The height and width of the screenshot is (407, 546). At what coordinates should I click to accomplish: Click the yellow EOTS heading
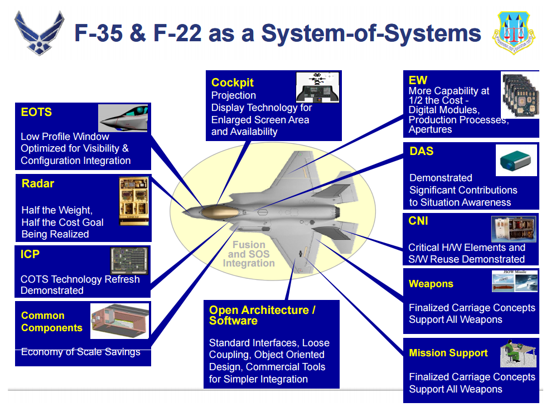pyautogui.click(x=36, y=112)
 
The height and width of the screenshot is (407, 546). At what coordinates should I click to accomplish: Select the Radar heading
pyautogui.click(x=38, y=183)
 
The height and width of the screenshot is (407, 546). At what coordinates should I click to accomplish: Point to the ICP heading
pyautogui.click(x=30, y=254)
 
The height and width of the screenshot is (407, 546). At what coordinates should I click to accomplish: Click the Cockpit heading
pyautogui.click(x=232, y=83)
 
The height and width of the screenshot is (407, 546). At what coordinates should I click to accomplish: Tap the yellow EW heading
pyautogui.click(x=418, y=80)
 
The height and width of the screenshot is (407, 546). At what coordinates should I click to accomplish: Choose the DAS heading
pyautogui.click(x=421, y=151)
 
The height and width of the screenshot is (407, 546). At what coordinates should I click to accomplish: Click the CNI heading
pyautogui.click(x=418, y=221)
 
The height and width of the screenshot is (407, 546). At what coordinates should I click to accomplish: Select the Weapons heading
pyautogui.click(x=431, y=284)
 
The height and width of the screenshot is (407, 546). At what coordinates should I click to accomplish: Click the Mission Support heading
pyautogui.click(x=448, y=353)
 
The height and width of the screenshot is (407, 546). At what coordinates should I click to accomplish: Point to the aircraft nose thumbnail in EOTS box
pyautogui.click(x=123, y=118)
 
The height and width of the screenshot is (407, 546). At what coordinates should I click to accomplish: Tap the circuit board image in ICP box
pyautogui.click(x=130, y=260)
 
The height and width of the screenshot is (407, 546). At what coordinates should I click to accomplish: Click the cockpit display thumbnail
pyautogui.click(x=317, y=87)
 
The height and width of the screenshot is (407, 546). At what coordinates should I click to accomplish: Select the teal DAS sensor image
pyautogui.click(x=516, y=161)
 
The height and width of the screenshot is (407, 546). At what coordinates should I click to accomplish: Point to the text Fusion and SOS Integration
pyautogui.click(x=249, y=254)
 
